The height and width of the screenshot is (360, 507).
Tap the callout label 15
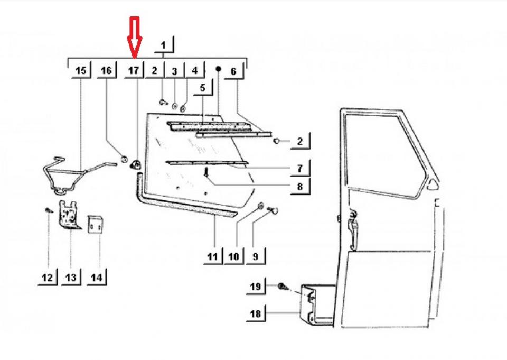[80, 70]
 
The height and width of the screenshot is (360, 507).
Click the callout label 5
[202, 88]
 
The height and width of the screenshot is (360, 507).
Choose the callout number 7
[299, 169]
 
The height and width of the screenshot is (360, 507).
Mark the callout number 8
[299, 186]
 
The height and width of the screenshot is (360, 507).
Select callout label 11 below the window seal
[212, 257]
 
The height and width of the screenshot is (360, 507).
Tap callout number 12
[48, 277]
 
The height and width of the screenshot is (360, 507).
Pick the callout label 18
[255, 313]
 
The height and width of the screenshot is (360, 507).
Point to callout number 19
[255, 287]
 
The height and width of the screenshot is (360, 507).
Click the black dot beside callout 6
[218, 69]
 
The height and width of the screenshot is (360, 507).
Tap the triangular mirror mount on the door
[433, 184]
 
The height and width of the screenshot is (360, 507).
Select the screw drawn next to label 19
[283, 287]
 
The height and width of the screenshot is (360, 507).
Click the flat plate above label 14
[95, 226]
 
